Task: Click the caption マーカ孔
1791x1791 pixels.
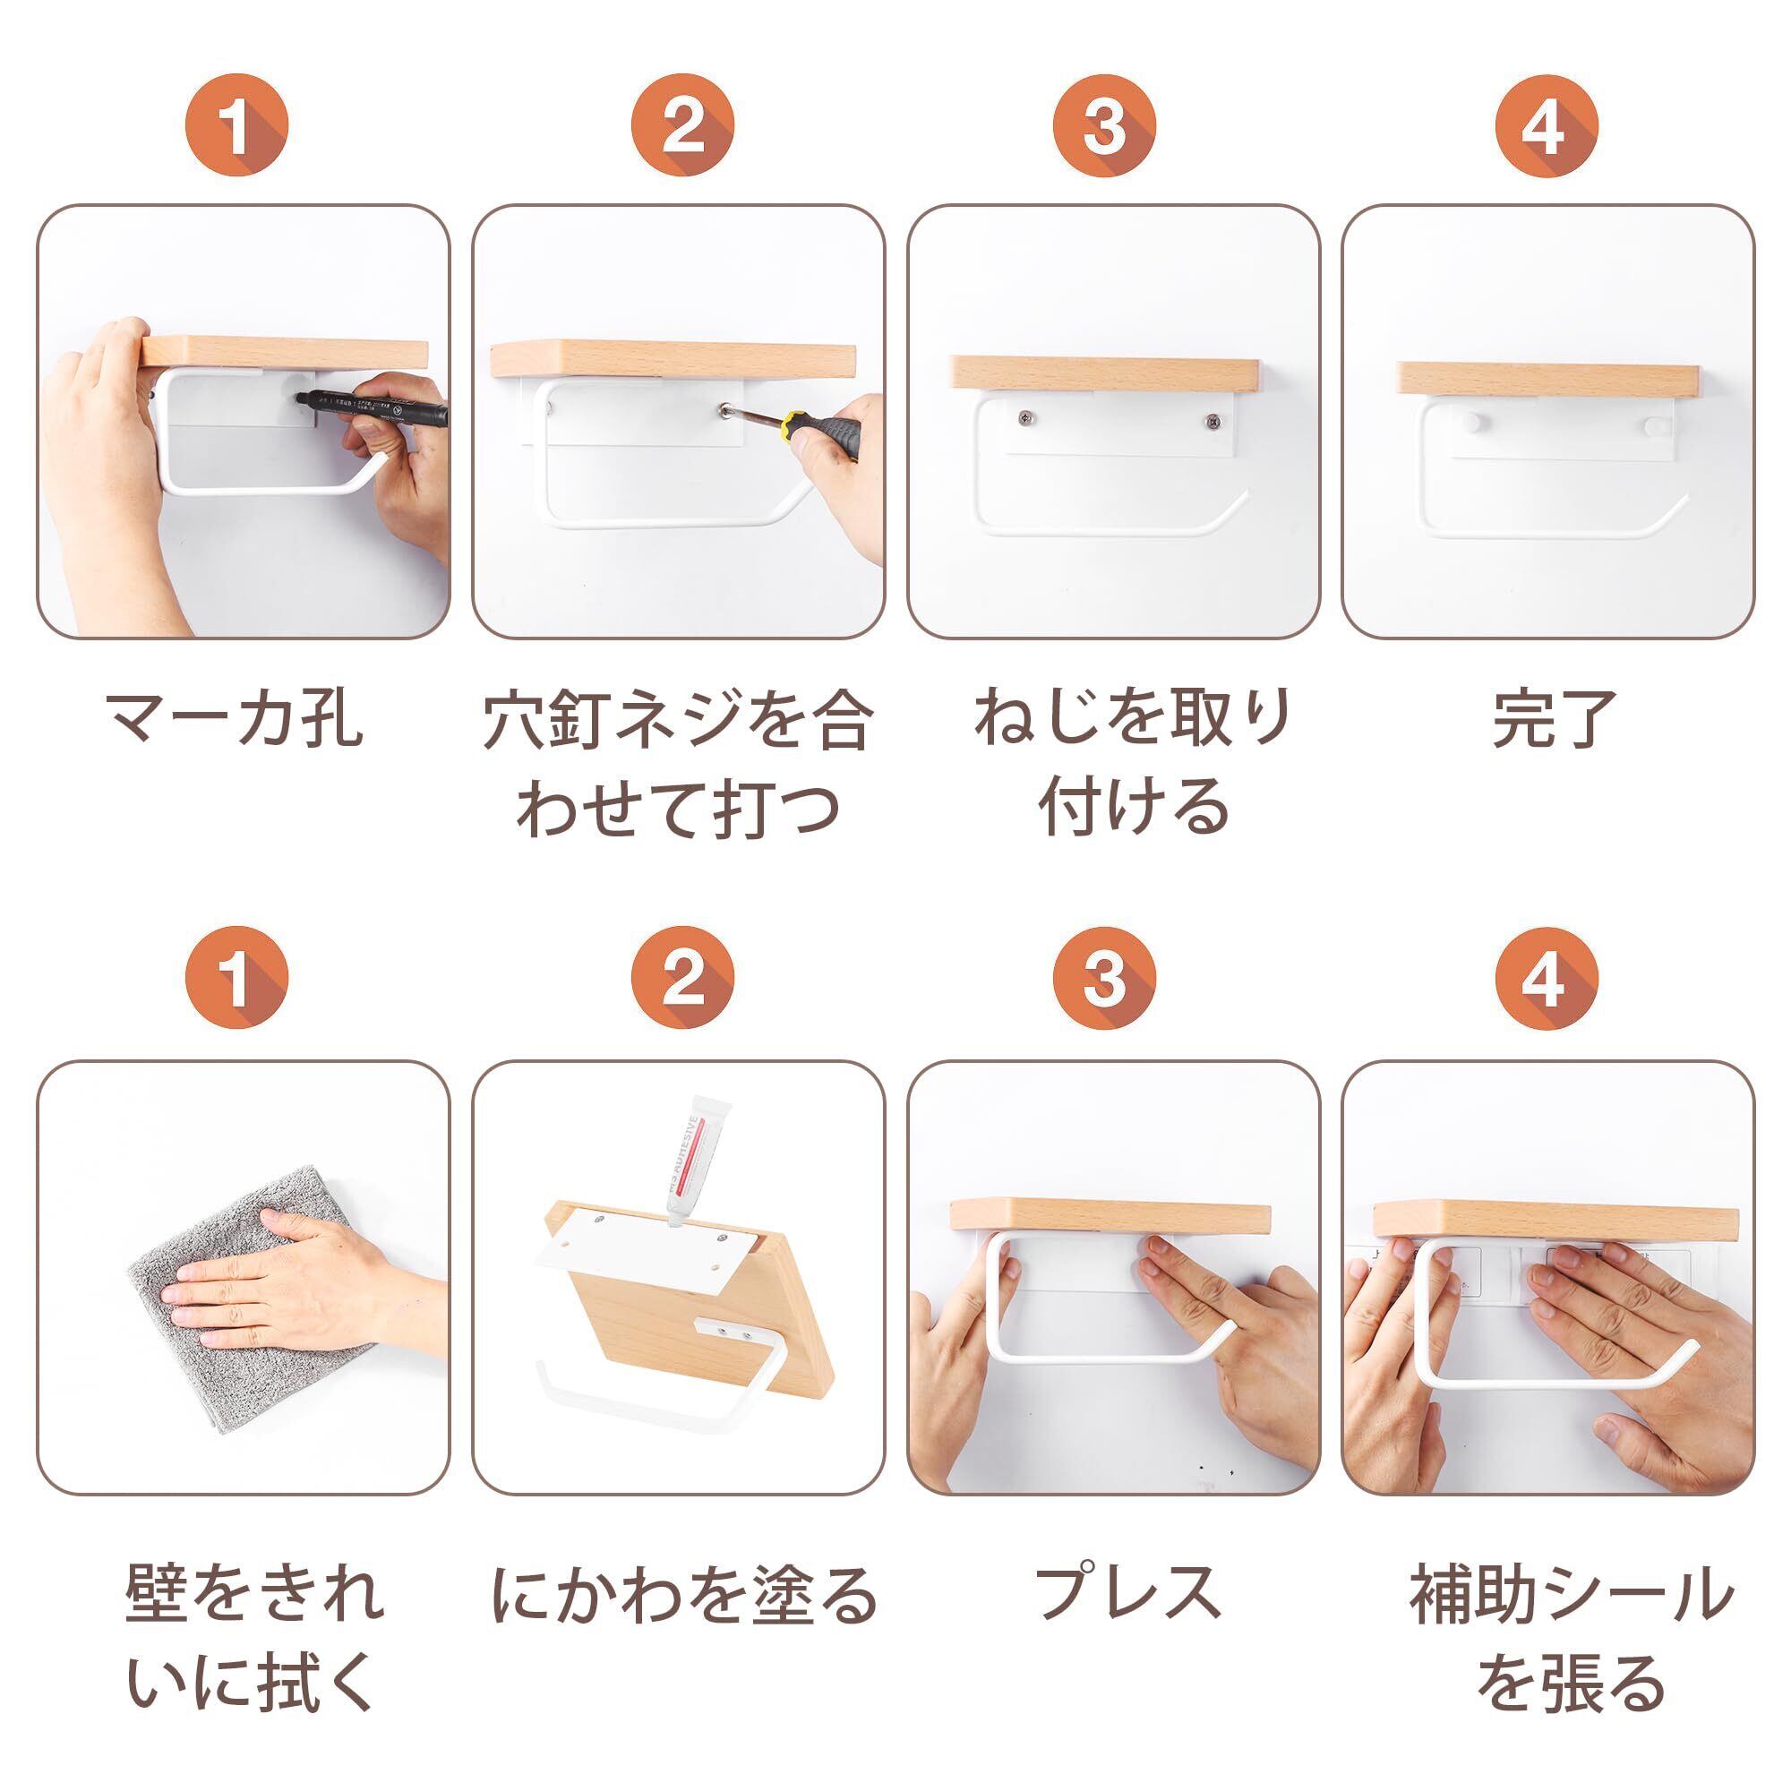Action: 233,718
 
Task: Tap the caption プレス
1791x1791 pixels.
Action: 1128,1591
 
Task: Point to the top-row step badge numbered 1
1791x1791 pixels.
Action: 236,126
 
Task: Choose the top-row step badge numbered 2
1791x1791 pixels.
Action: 683,126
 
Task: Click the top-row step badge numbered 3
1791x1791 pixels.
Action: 1105,126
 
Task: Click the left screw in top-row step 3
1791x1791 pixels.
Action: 1026,419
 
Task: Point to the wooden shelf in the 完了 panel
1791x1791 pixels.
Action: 1549,380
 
